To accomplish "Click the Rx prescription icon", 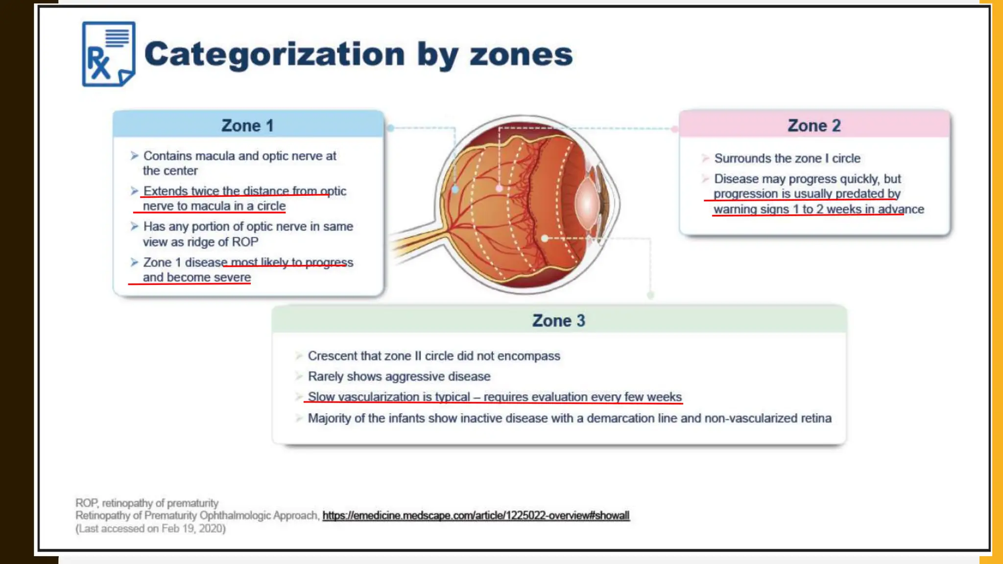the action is click(x=108, y=54).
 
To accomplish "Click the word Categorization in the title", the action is click(x=274, y=54).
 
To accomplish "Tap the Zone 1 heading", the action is click(x=247, y=125).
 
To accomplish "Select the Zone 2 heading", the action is click(x=814, y=125).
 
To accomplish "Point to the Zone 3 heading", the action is click(x=558, y=321).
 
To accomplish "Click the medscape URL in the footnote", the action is click(x=476, y=516).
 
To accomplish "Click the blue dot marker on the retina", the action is click(x=455, y=189).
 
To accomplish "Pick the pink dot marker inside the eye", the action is click(x=499, y=188).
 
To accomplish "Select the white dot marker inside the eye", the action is click(x=545, y=238).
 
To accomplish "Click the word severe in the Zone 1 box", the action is click(x=232, y=277).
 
